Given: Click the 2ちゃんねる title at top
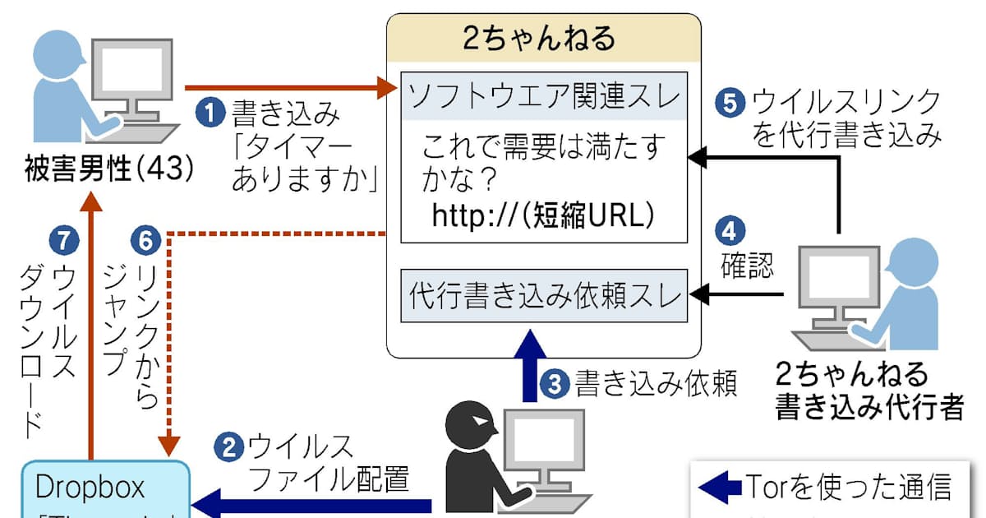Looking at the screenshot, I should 544,39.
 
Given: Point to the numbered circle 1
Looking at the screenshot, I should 213,113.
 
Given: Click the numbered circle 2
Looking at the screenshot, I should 228,447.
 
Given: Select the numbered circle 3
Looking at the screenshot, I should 556,382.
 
